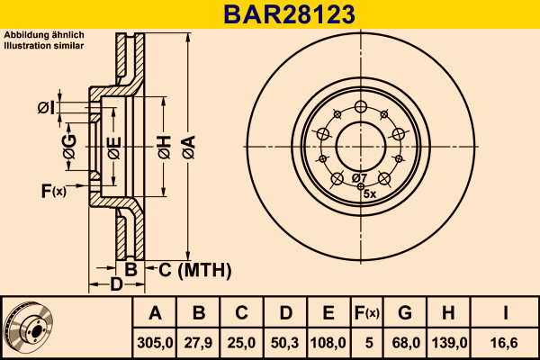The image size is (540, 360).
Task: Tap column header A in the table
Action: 155,313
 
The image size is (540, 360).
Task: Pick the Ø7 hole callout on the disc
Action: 359,177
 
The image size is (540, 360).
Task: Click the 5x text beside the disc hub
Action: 368,193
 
